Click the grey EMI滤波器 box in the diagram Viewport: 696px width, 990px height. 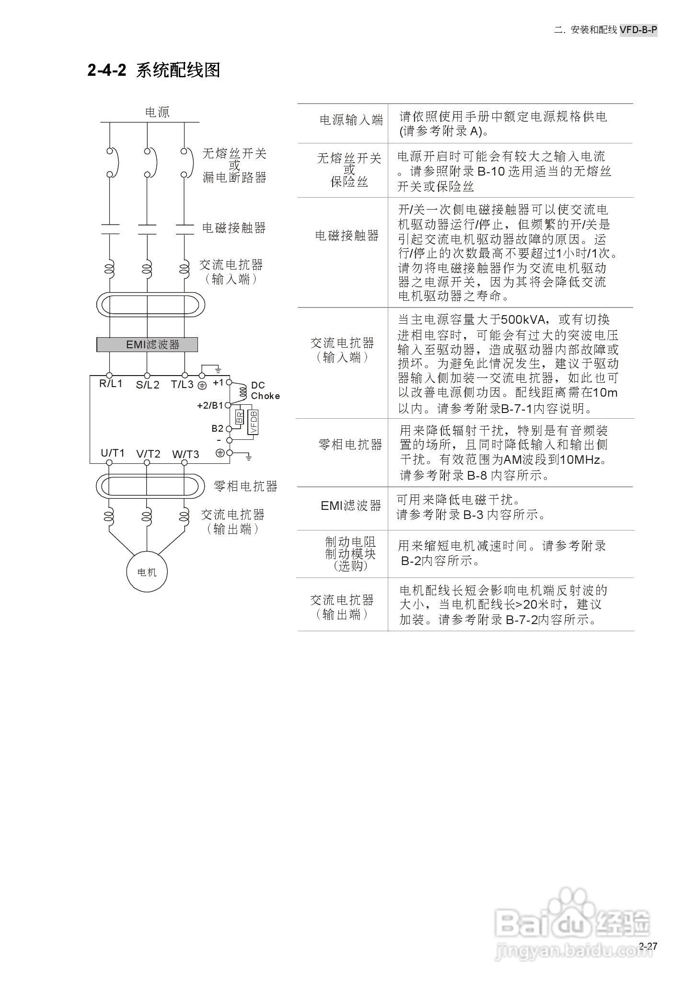147,344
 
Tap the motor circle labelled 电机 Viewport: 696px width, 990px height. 147,572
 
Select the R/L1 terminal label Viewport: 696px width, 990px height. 111,384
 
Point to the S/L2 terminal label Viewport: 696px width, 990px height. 147,385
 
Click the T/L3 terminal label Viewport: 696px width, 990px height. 182,384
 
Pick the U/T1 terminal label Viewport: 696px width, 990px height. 113,453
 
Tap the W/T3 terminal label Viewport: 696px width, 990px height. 186,454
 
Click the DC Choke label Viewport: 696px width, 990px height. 265,390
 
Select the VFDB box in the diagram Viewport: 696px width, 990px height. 253,422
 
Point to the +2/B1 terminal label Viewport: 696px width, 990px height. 210,405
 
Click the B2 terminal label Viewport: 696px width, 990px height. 217,428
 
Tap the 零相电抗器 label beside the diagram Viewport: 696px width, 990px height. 245,486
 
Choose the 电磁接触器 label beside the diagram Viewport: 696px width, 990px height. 234,228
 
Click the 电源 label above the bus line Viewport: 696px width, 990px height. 157,112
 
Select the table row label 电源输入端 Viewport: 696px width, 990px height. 351,120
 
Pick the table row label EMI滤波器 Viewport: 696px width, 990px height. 351,505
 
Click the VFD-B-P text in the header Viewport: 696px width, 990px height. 638,30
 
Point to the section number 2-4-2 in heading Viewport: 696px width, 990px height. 106,70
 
